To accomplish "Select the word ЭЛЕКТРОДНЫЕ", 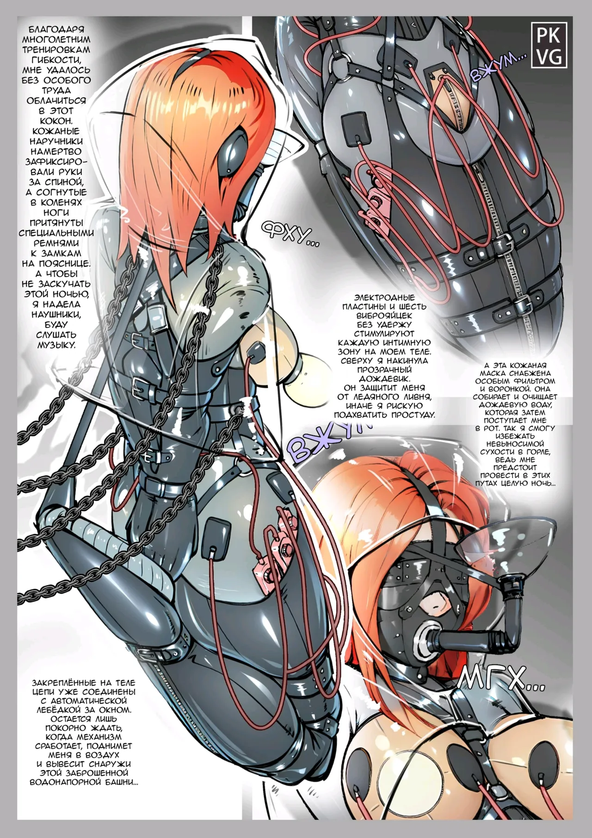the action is point(385,298).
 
